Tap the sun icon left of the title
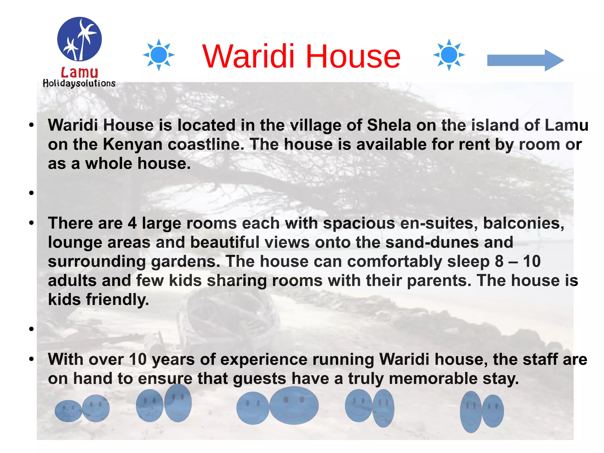pos(159,55)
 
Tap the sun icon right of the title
pos(449,55)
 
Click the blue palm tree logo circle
pos(79,39)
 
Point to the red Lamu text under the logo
pos(79,72)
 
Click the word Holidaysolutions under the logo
pos(79,84)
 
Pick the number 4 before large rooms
pos(132,223)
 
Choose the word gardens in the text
pos(186,261)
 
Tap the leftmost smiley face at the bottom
pos(68,411)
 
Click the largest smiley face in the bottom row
pos(294,405)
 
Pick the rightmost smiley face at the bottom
pos(493,411)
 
